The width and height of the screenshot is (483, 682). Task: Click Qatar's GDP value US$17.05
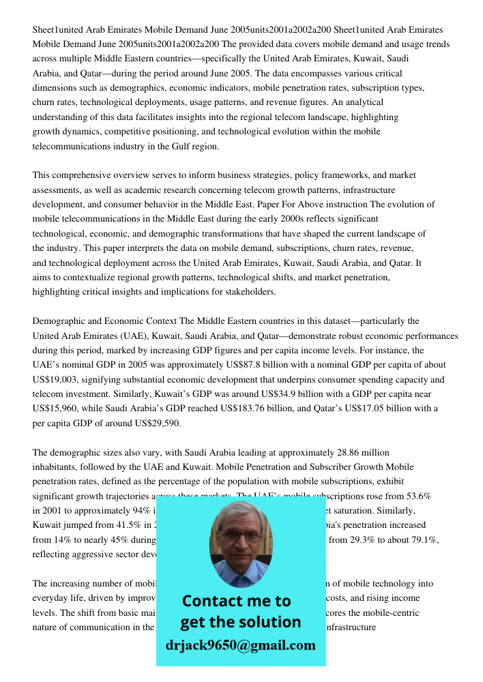coord(364,409)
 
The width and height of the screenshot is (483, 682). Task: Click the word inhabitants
coord(58,466)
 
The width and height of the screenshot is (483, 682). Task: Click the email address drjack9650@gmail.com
coord(240,645)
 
